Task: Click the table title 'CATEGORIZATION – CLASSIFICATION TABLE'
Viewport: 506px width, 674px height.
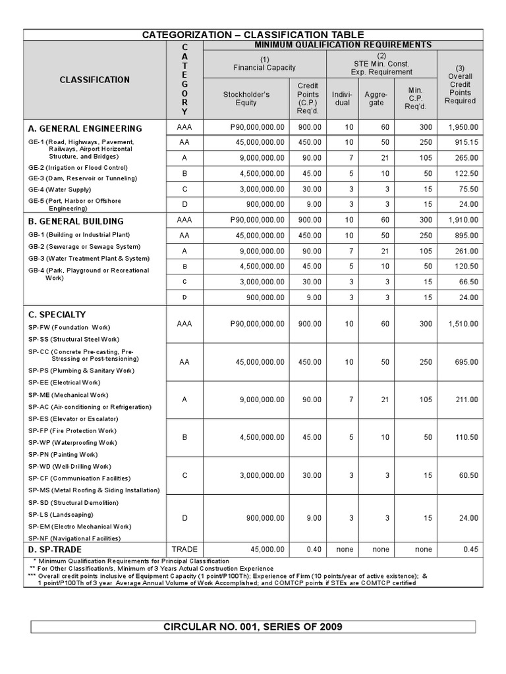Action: click(253, 34)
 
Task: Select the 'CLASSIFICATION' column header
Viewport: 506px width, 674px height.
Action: click(95, 80)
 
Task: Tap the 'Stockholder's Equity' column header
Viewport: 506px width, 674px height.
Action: click(246, 99)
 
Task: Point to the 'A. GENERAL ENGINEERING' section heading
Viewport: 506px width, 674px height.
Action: click(85, 128)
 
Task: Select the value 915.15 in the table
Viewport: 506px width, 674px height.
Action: click(466, 143)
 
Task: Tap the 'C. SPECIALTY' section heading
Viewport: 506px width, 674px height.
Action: click(57, 315)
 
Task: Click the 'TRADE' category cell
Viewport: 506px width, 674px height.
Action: click(184, 549)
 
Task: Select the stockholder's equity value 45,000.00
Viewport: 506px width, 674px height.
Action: click(263, 549)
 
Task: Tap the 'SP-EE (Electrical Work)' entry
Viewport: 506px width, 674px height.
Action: click(64, 382)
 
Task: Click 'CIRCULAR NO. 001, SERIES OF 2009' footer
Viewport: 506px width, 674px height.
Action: click(253, 626)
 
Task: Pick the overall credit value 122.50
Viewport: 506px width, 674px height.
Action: click(466, 174)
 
